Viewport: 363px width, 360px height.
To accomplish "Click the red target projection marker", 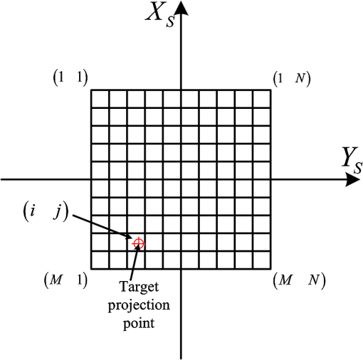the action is click(139, 243).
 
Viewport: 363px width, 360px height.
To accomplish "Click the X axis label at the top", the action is click(160, 16).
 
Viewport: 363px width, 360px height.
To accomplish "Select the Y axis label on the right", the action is click(352, 160).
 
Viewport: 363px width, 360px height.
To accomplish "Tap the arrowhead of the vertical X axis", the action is click(181, 9).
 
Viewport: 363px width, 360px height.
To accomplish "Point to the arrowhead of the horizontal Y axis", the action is click(352, 179).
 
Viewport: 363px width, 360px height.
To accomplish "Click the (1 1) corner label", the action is click(70, 78).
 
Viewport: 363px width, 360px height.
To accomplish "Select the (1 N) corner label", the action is click(292, 78).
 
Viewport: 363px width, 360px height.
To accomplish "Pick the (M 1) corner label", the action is click(65, 280).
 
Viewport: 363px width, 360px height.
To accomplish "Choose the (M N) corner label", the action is click(300, 280).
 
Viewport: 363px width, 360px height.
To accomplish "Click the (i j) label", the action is click(46, 211).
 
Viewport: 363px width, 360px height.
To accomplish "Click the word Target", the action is click(139, 287).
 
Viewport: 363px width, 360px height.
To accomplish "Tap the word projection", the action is click(139, 305).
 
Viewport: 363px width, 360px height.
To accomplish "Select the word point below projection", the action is click(139, 323).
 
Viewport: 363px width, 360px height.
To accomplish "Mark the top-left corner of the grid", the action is click(91, 90).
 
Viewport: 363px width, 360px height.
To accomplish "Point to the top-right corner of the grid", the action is click(270, 90).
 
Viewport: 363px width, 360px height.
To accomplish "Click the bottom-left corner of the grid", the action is click(91, 269).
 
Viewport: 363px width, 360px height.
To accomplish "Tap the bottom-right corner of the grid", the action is click(270, 269).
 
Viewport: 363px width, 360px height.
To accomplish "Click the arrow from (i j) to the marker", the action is click(102, 227).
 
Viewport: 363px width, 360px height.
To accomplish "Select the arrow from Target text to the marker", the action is click(135, 261).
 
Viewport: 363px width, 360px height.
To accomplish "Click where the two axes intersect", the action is click(181, 179).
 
